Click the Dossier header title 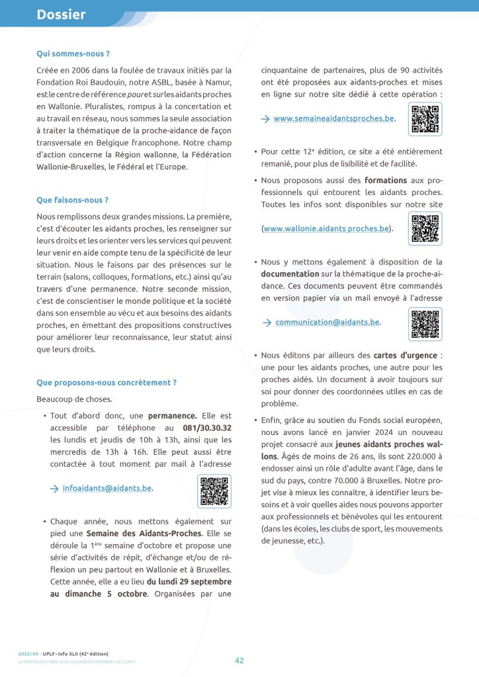click(x=61, y=14)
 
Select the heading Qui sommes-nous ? click(x=73, y=53)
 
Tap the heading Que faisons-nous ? click(x=73, y=200)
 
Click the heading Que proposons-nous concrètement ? click(x=107, y=382)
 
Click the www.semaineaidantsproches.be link click(x=333, y=119)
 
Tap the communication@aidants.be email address click(x=327, y=322)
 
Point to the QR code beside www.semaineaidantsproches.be click(x=425, y=120)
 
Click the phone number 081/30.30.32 click(x=207, y=428)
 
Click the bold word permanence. click(x=172, y=416)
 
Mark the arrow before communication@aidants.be click(x=266, y=323)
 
